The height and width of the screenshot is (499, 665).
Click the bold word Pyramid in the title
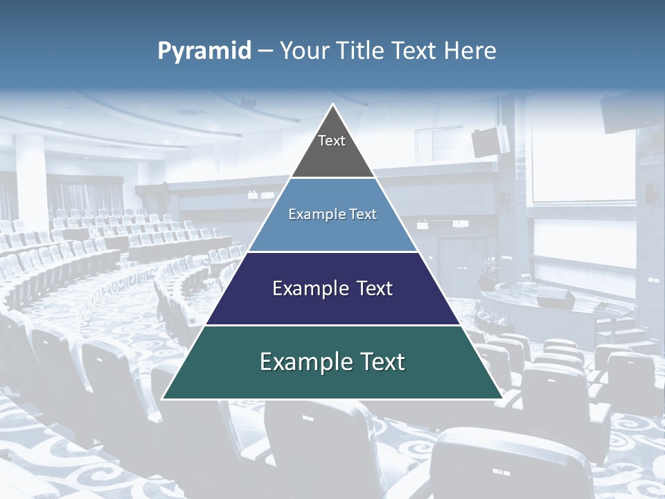[204, 51]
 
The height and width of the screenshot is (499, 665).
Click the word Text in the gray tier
[332, 141]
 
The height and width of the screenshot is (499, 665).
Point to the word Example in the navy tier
[308, 288]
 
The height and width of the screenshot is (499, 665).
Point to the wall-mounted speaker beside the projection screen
[491, 141]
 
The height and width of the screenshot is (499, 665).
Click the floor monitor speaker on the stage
[556, 299]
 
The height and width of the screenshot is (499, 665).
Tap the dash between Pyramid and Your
[265, 51]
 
